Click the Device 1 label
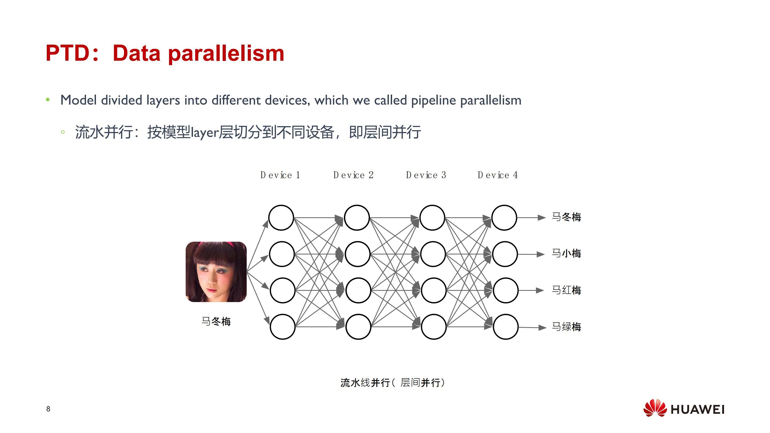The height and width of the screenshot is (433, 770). point(280,175)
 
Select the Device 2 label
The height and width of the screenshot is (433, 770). point(353,175)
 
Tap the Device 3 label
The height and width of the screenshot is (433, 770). point(426,175)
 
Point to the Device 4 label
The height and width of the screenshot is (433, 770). point(498,175)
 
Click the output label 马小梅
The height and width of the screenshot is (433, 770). point(566,254)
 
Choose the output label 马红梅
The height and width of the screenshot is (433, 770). point(566,290)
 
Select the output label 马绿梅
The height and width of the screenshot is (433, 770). point(566,327)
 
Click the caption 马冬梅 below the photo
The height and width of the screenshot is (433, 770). point(216,322)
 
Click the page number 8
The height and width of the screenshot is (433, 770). point(48,409)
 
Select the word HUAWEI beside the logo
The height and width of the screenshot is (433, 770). point(698,409)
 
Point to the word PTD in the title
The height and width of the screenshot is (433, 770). point(68,53)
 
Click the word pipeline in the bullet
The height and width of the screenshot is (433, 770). point(434,100)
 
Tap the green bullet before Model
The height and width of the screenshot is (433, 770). point(48,100)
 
